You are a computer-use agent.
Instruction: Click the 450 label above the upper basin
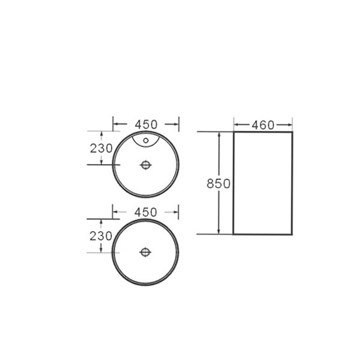click(146, 124)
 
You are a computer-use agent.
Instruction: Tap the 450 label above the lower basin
click(146, 212)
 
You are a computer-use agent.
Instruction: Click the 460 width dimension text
click(262, 125)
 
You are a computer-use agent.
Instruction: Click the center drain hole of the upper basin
click(146, 164)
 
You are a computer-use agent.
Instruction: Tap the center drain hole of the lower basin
click(146, 252)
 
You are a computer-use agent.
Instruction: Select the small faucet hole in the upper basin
click(146, 142)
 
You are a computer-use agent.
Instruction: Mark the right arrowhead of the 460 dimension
click(290, 125)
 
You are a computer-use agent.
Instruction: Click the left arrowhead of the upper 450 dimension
click(116, 124)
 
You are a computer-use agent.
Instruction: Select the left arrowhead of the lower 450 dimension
click(116, 212)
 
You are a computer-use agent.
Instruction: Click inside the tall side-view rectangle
click(262, 183)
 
